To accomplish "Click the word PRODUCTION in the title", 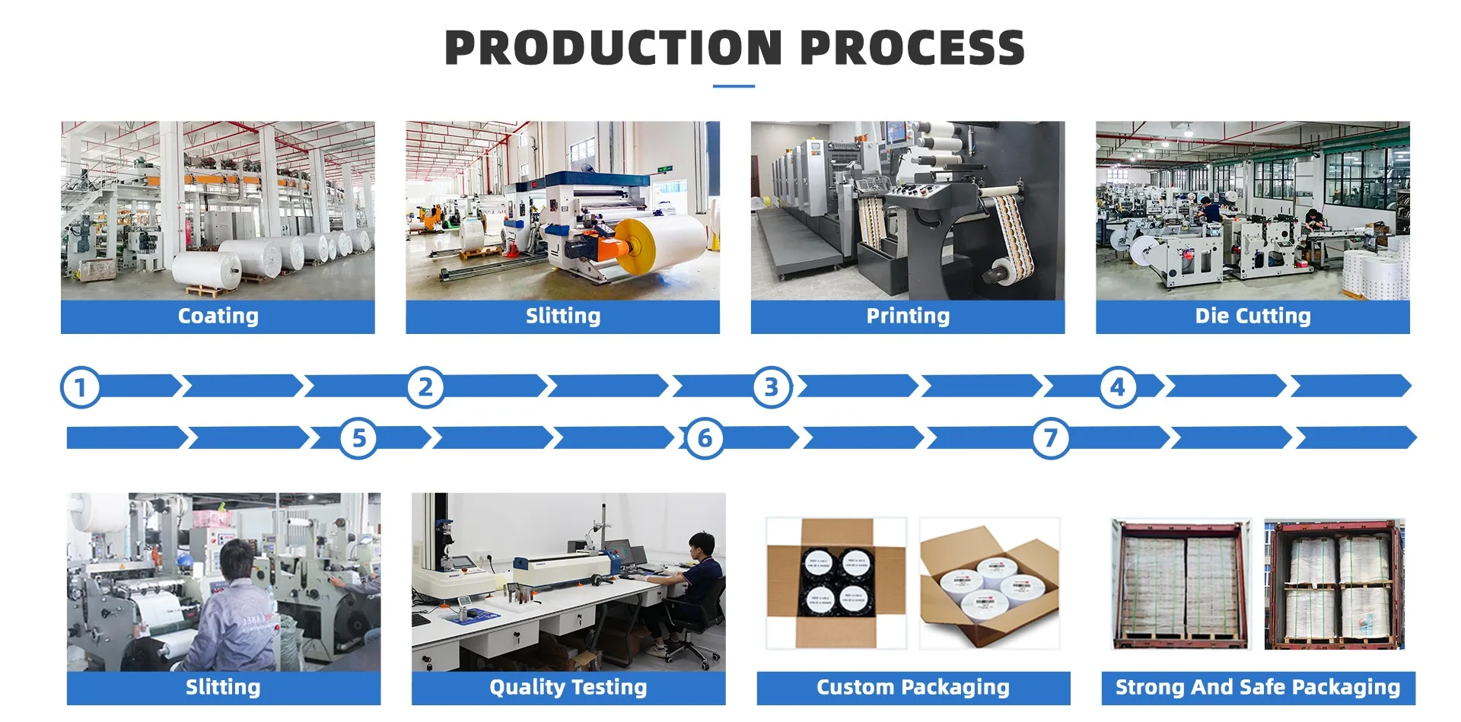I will point(613,47).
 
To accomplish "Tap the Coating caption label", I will point(218,316).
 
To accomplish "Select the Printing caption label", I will point(908,316).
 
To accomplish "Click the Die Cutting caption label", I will point(1253,316).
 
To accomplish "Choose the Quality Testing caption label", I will point(568,687).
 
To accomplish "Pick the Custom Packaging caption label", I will point(913,687).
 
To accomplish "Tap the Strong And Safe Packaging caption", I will point(1258,687).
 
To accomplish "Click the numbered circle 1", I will point(80,387).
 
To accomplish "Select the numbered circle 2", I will point(425,387).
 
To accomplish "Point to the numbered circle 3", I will point(772,387).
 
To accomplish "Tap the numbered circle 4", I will point(1117,387).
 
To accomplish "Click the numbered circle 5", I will point(358,438).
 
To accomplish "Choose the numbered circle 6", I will point(705,438).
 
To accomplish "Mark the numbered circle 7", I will point(1050,438).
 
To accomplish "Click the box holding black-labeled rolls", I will point(836,583).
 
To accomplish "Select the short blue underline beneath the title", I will point(734,86).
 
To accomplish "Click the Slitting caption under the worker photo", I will point(223,687).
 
